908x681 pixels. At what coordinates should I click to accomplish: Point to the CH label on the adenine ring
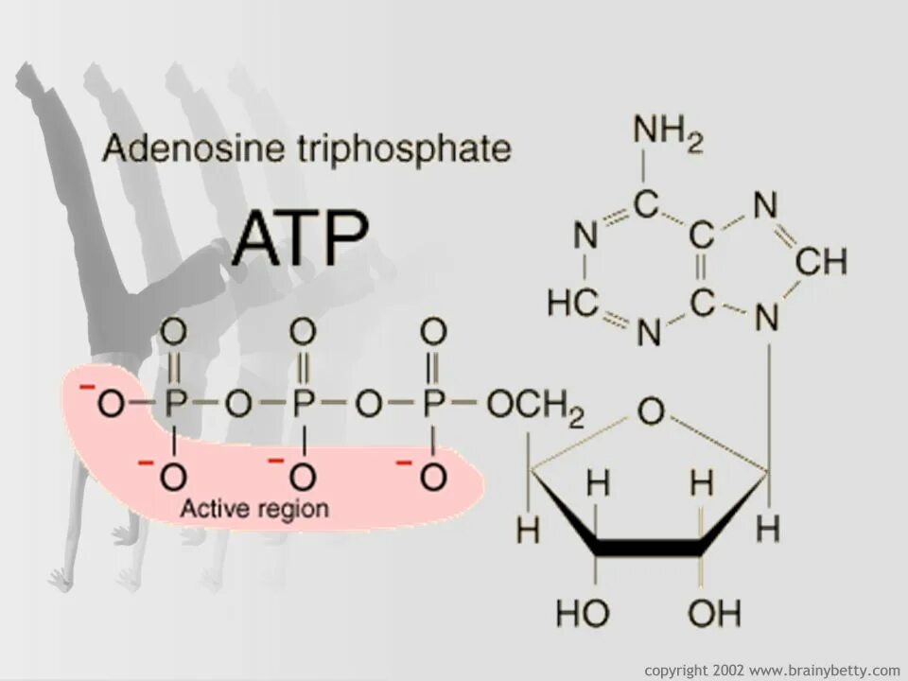[x=820, y=261]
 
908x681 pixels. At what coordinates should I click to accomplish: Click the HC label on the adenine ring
[x=573, y=303]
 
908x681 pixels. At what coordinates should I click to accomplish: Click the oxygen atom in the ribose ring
[x=651, y=412]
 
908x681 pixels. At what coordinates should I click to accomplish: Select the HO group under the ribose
[x=582, y=615]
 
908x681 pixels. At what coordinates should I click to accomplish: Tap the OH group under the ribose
[x=714, y=615]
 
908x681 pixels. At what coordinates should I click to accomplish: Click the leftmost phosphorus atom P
[x=174, y=405]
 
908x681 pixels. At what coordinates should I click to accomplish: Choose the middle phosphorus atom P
[x=303, y=405]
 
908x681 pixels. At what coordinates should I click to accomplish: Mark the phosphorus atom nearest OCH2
[x=433, y=405]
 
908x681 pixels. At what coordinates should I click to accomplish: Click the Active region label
[x=254, y=509]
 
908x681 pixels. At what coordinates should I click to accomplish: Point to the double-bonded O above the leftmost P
[x=173, y=333]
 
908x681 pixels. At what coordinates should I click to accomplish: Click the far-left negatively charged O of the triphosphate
[x=111, y=405]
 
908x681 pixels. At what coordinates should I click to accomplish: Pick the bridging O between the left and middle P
[x=238, y=405]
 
